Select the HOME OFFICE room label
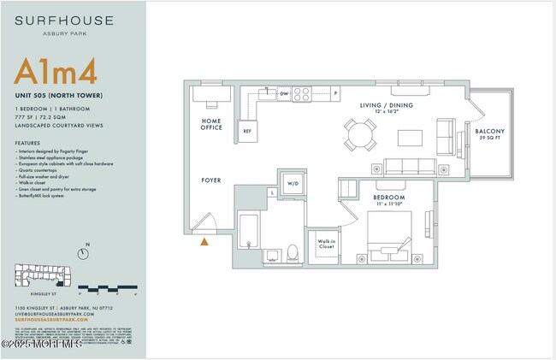(x=211, y=124)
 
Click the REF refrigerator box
(x=247, y=131)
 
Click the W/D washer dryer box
(x=293, y=183)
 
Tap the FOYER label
(x=210, y=180)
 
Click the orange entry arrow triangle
(x=204, y=242)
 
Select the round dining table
(x=360, y=133)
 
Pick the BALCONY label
(x=490, y=131)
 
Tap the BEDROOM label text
(x=388, y=198)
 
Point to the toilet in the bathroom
(x=292, y=252)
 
